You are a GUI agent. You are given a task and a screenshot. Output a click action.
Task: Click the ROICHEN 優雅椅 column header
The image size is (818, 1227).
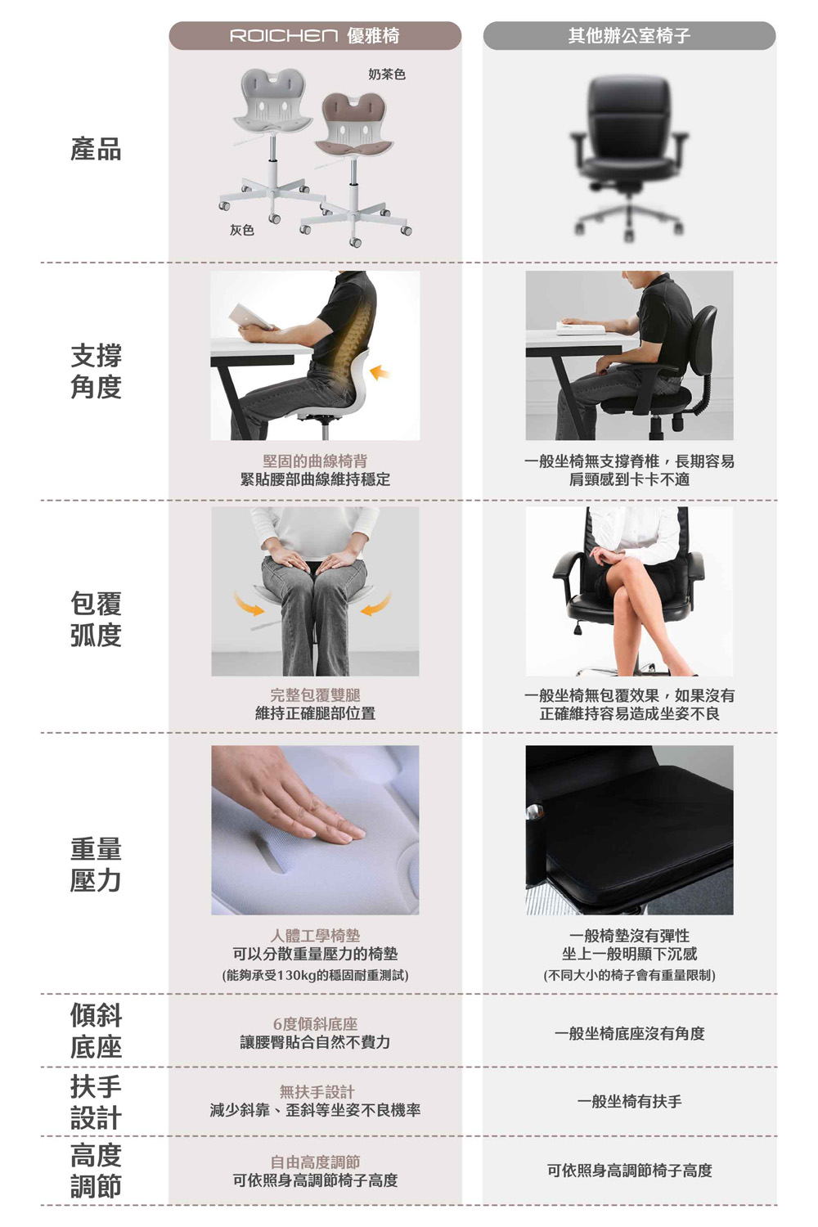[x=314, y=36]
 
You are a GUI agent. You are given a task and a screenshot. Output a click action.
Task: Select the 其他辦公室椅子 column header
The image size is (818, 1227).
[x=629, y=36]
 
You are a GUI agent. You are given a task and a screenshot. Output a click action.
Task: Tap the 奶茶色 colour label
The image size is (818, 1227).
[x=387, y=74]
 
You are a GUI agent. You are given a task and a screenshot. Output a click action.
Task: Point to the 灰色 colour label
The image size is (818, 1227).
[x=241, y=230]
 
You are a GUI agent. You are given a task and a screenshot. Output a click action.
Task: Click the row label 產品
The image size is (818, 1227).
[x=96, y=149]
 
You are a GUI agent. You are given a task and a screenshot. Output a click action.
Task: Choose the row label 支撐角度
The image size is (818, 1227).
[x=96, y=371]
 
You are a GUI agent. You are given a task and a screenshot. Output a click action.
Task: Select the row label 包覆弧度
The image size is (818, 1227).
[x=96, y=619]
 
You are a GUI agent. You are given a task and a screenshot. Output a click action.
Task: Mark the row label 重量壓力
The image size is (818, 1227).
[x=96, y=865]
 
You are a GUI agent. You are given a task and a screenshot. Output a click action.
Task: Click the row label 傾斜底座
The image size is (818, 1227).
[x=96, y=1031]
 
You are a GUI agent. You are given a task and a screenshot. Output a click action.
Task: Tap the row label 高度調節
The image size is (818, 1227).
[x=96, y=1171]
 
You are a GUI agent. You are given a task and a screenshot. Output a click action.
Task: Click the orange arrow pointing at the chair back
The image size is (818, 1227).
[x=380, y=372]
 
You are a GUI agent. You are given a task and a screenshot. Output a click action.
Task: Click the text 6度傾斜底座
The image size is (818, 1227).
[x=315, y=1023]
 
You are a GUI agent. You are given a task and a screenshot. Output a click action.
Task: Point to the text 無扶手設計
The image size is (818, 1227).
[x=317, y=1092]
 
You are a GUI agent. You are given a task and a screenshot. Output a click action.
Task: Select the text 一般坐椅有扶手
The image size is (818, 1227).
[x=629, y=1101]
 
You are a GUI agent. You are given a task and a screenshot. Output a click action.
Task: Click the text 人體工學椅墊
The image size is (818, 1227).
[x=315, y=935]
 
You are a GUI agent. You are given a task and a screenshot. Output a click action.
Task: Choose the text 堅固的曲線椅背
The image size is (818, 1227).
[x=315, y=461]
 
